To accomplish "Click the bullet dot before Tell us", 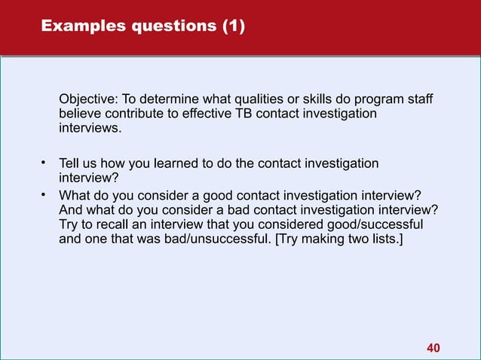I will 44,163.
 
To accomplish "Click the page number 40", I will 434,347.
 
